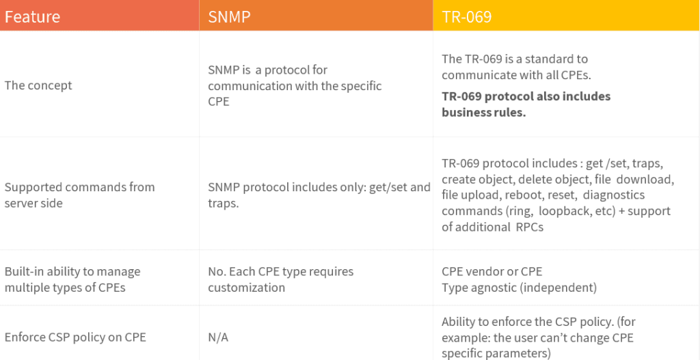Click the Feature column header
32,16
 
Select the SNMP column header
229,16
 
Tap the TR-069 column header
466,16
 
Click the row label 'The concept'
38,85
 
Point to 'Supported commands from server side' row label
79,195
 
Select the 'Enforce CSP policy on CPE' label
75,337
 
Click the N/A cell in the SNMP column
218,337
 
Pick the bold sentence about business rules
526,105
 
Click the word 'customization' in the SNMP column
246,288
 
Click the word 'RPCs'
530,227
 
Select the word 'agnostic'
495,288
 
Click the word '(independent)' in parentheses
558,288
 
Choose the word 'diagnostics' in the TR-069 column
614,195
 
